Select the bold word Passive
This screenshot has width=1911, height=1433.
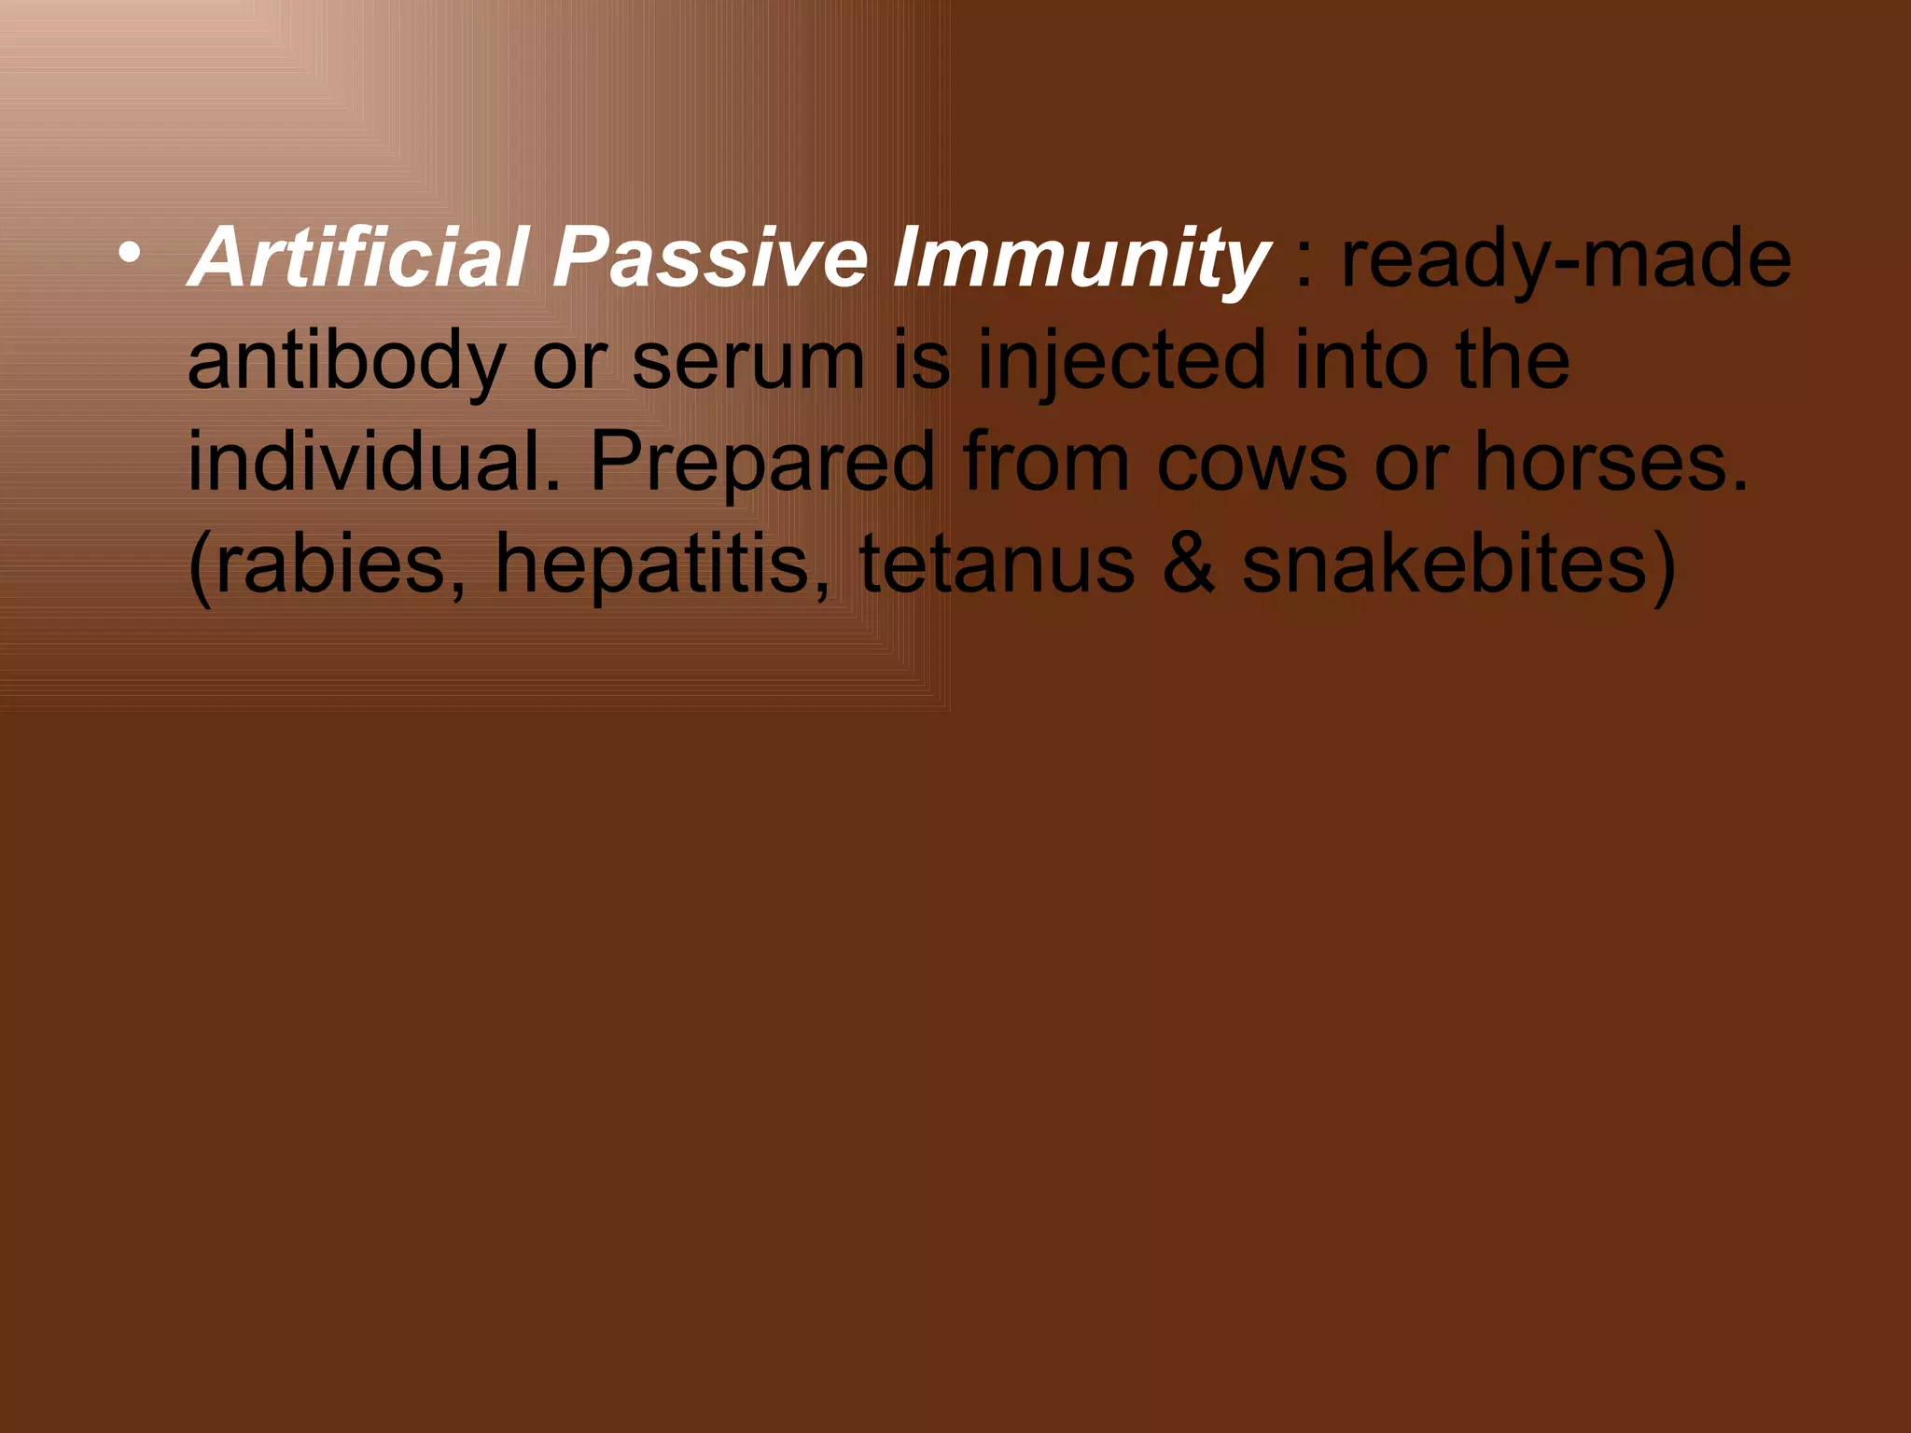(x=710, y=257)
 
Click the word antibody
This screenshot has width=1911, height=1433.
(x=346, y=361)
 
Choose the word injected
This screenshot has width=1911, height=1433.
(x=1123, y=363)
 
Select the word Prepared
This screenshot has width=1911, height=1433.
(x=762, y=464)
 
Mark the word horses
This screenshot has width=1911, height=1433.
(x=1611, y=462)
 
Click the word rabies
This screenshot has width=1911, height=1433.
(x=327, y=564)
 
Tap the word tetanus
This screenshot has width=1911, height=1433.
(x=997, y=565)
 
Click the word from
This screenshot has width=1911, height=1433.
(x=1046, y=463)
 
